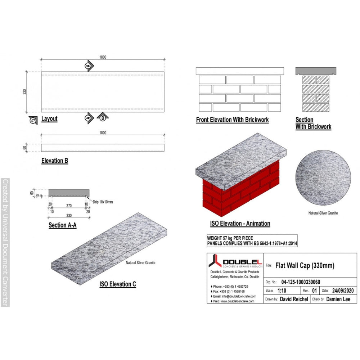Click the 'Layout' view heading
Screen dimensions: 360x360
(x=49, y=119)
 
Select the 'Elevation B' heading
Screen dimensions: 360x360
(x=55, y=161)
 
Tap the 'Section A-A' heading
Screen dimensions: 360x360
(x=62, y=225)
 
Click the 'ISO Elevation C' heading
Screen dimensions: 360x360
(x=118, y=284)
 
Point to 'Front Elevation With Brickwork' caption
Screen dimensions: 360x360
(x=232, y=120)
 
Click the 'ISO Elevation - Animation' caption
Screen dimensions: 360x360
(x=240, y=223)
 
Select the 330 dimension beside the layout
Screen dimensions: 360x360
(x=25, y=92)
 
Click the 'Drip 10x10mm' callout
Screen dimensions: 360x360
(x=102, y=202)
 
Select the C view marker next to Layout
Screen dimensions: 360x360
(x=33, y=121)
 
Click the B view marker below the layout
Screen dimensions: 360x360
(x=103, y=117)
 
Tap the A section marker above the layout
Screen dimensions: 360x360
(x=88, y=66)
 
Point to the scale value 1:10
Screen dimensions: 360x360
(x=283, y=291)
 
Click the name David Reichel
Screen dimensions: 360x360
(x=294, y=299)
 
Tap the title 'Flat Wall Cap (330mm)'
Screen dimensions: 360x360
(x=305, y=266)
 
